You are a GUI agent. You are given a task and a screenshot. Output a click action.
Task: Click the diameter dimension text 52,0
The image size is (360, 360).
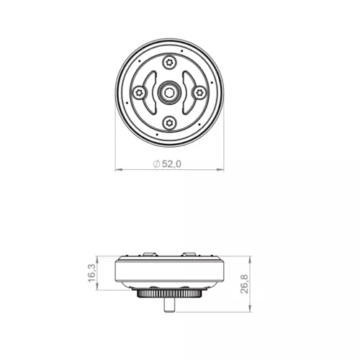click(x=171, y=164)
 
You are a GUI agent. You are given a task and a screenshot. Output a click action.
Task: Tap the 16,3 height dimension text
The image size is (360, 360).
click(x=92, y=273)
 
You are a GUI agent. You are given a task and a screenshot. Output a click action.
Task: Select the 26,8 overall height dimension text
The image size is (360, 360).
click(x=244, y=284)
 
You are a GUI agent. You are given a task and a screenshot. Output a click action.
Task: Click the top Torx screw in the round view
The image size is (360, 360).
click(x=169, y=63)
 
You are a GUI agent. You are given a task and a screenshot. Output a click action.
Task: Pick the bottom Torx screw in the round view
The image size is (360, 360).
click(x=169, y=123)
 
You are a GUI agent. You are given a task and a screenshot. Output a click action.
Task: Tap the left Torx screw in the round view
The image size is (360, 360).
click(x=139, y=92)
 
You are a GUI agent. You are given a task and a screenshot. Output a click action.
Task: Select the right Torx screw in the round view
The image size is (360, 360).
click(x=199, y=92)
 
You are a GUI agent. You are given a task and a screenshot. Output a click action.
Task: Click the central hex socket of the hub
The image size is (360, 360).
click(x=169, y=93)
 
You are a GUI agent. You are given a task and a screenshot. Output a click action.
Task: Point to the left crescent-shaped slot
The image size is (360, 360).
click(x=148, y=93)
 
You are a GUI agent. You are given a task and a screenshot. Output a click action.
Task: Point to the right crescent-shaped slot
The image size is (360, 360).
click(x=190, y=93)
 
